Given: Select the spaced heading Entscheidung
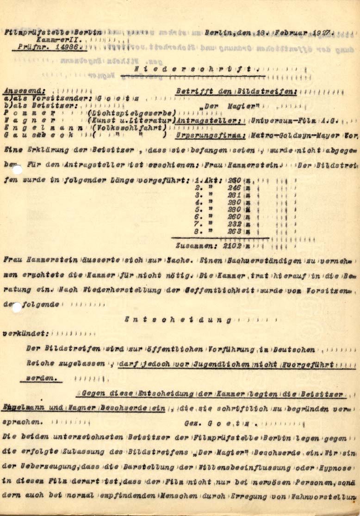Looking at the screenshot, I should [x=179, y=319].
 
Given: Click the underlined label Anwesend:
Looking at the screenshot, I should [x=25, y=92].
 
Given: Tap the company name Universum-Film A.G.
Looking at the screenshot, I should [x=288, y=121].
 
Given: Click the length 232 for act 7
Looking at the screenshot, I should [x=235, y=223].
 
